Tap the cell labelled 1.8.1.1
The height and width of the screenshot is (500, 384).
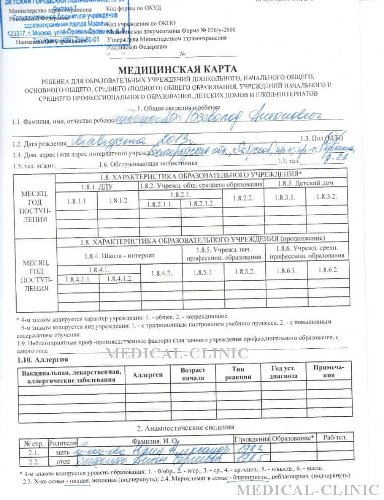[x=76, y=201]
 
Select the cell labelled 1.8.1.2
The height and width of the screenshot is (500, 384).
[x=117, y=201]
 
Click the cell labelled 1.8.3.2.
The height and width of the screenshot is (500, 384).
[x=327, y=197]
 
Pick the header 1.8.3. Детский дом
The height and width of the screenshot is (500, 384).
[x=305, y=183]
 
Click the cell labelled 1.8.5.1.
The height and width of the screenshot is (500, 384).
[x=203, y=272]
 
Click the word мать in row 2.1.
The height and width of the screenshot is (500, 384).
[x=61, y=452]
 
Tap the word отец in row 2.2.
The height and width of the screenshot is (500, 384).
[x=61, y=461]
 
